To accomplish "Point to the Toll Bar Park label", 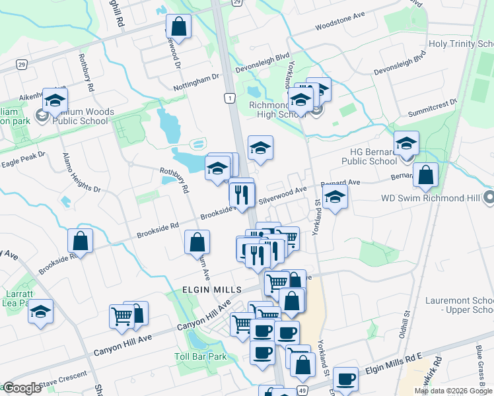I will [x=200, y=357].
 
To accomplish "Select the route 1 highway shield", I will [x=229, y=98].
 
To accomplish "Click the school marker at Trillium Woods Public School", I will [x=55, y=101].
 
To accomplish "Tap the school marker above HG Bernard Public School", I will [x=406, y=143].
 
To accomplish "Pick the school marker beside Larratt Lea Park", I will [x=41, y=312].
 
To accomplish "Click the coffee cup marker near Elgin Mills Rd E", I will [x=346, y=379].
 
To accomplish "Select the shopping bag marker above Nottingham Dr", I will [x=178, y=28].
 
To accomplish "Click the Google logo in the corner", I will [x=22, y=388].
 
